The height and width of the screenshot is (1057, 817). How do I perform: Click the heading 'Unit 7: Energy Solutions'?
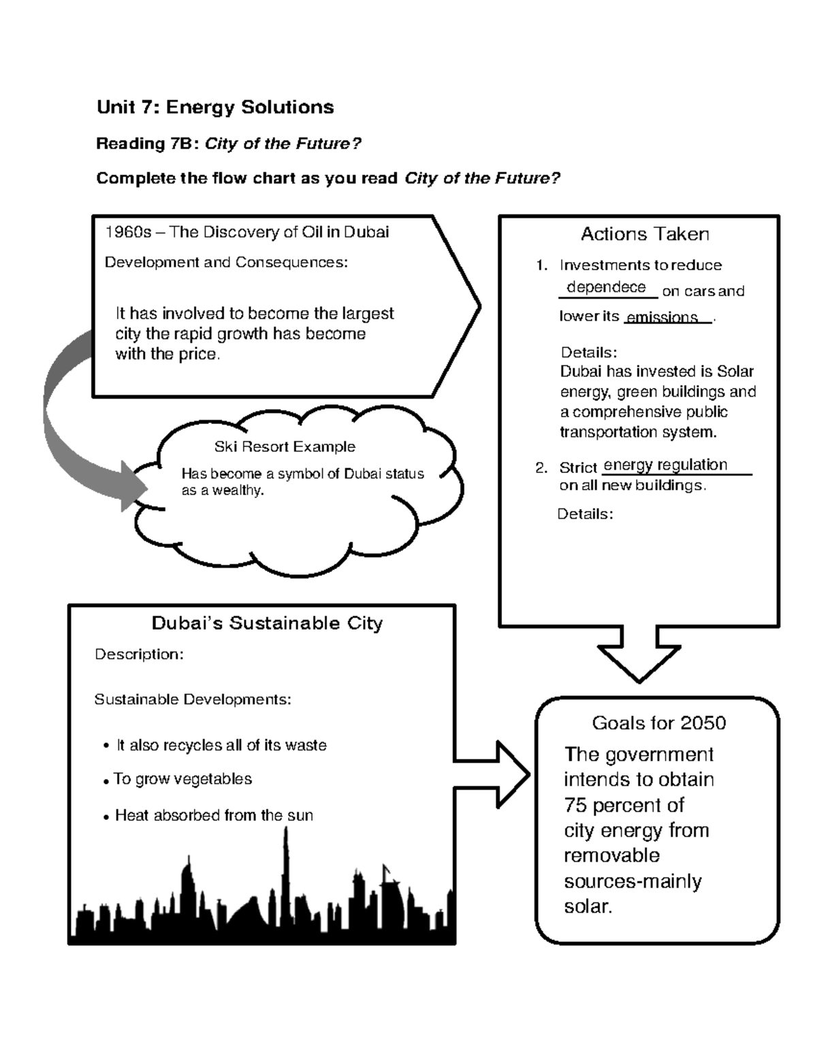click(x=215, y=107)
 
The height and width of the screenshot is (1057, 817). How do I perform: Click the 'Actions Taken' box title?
click(x=644, y=234)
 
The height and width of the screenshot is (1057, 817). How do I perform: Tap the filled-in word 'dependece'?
click(x=606, y=287)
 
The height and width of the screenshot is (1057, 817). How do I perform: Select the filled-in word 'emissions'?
click(x=662, y=317)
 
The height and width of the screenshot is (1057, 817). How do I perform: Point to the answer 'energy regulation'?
click(x=665, y=465)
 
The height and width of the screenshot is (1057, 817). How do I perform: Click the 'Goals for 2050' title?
click(x=658, y=723)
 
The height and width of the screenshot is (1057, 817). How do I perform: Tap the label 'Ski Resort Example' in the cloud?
click(x=285, y=447)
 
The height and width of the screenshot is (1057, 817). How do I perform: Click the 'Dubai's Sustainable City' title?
click(x=267, y=623)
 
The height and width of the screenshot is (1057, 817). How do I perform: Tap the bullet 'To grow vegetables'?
click(x=182, y=779)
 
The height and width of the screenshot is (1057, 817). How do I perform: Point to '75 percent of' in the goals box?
click(x=624, y=805)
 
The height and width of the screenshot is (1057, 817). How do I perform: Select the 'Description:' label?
click(x=139, y=655)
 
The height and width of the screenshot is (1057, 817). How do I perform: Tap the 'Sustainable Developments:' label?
click(x=193, y=700)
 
